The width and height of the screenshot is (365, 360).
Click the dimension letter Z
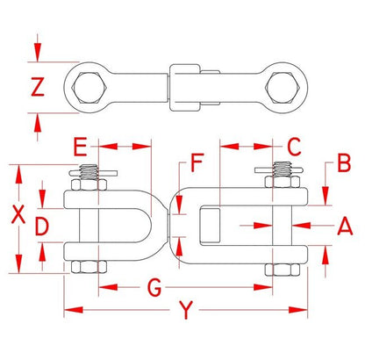[38, 87]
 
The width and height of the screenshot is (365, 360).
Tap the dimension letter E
[80, 147]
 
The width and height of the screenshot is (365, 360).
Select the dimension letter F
[197, 162]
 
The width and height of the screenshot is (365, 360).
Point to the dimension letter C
[294, 147]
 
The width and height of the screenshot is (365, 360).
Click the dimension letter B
[344, 163]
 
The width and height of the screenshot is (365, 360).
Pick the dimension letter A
[345, 226]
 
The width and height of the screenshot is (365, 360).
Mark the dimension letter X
[18, 214]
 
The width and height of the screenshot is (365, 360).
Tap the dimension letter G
[154, 288]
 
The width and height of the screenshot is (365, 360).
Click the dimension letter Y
[186, 310]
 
